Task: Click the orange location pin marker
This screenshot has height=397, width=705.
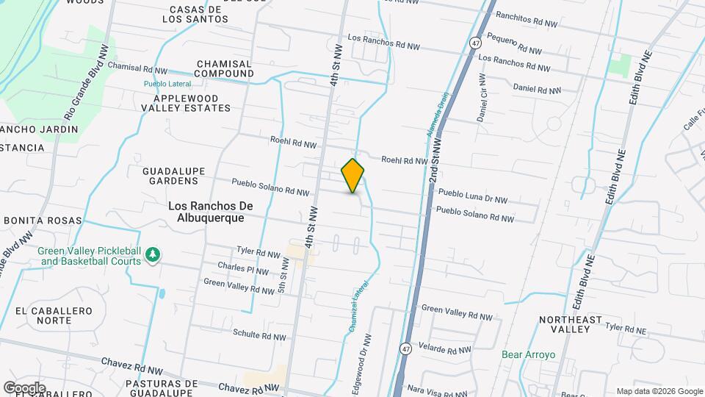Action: click(x=353, y=176)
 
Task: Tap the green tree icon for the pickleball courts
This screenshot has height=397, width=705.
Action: click(x=152, y=254)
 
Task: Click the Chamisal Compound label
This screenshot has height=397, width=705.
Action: click(x=224, y=68)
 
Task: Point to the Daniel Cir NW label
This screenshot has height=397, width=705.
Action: click(x=482, y=97)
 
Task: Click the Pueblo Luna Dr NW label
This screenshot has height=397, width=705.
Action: click(x=473, y=196)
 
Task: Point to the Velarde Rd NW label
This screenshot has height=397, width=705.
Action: click(x=448, y=346)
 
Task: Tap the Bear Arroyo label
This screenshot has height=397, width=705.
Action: click(x=529, y=354)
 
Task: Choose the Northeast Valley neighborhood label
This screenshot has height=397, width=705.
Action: click(x=570, y=324)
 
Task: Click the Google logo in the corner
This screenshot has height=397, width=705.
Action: click(x=24, y=387)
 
